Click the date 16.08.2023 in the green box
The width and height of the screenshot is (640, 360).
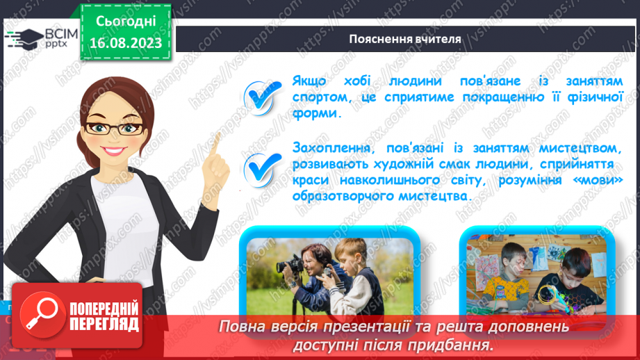tap(126, 43)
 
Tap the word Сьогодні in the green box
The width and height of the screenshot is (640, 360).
tap(126, 22)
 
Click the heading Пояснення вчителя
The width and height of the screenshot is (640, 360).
tap(405, 39)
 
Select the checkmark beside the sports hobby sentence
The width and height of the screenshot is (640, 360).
tap(262, 97)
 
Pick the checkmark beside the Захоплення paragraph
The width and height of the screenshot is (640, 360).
tap(262, 170)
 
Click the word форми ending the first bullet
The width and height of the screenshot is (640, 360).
tap(317, 114)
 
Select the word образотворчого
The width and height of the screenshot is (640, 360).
tap(343, 196)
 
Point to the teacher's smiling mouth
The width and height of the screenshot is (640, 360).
tap(113, 151)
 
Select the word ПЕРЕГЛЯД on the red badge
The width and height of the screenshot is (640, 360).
tap(104, 325)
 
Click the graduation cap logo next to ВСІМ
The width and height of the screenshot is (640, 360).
tap(24, 39)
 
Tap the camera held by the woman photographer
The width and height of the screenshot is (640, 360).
tap(290, 265)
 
